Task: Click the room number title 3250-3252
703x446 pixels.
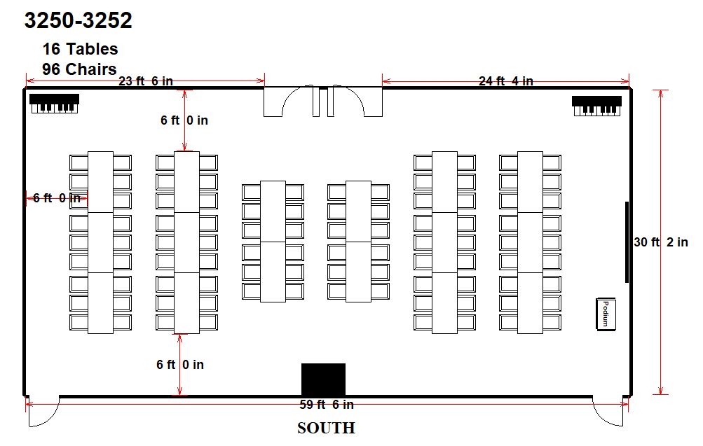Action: [78, 20]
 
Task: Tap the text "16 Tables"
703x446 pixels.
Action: [81, 49]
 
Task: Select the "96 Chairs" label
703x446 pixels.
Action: [79, 69]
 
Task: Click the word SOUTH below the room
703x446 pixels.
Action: [326, 428]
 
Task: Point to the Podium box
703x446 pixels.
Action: [606, 314]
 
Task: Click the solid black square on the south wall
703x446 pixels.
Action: [323, 379]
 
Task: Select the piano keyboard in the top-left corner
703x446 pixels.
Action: [54, 104]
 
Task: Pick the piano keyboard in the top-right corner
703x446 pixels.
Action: [596, 106]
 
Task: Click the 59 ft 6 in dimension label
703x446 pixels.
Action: [327, 405]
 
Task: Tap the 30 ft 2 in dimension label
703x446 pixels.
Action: [661, 242]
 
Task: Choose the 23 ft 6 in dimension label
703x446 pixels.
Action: [146, 81]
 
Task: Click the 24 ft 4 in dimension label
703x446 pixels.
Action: [506, 81]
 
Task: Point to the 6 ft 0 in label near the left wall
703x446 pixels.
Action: [57, 198]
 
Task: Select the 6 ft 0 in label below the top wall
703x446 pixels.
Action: [184, 120]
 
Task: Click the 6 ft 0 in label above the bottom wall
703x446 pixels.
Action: [180, 365]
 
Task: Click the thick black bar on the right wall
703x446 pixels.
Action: [627, 242]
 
